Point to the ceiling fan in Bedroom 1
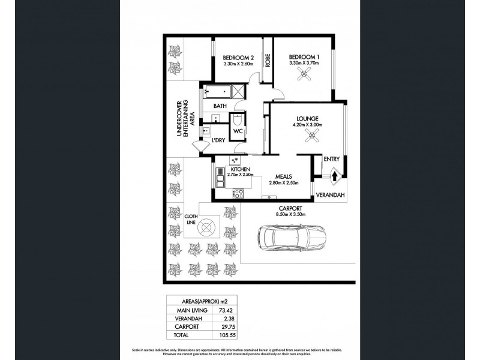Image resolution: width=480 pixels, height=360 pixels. click(307, 74)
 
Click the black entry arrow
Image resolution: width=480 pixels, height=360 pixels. click(334, 176)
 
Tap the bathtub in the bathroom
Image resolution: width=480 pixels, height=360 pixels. click(218, 93)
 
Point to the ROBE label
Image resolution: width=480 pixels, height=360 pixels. click(268, 60)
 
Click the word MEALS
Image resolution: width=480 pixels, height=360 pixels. click(284, 176)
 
